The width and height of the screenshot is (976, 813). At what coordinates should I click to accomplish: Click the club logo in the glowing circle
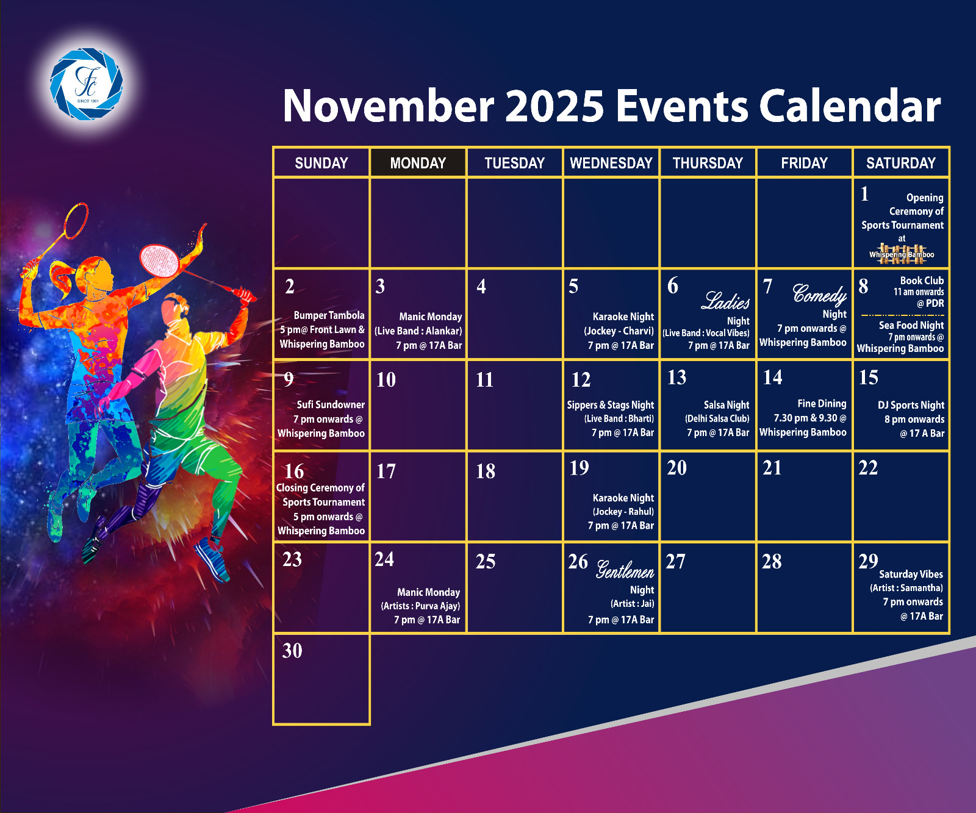click(x=86, y=84)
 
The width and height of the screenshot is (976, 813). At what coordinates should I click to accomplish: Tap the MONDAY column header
click(x=418, y=163)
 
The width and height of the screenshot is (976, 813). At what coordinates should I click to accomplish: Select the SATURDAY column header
click(x=901, y=163)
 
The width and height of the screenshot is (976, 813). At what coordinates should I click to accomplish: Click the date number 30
click(x=292, y=651)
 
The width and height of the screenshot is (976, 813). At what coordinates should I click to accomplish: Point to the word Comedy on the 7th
click(x=819, y=295)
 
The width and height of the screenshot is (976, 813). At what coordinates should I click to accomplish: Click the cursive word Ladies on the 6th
click(x=726, y=301)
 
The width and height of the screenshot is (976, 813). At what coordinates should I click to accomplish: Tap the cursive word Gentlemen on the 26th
click(x=625, y=570)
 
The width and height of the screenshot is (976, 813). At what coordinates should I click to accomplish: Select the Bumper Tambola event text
click(x=329, y=315)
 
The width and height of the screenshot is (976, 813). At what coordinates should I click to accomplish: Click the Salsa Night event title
click(x=726, y=405)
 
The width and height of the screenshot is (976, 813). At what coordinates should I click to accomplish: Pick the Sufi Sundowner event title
click(x=331, y=404)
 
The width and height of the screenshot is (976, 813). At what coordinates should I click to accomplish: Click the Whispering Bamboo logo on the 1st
click(x=902, y=254)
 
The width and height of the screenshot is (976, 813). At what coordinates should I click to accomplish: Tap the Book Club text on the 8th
click(x=922, y=281)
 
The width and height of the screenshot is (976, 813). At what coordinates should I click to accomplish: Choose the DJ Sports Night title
click(x=911, y=405)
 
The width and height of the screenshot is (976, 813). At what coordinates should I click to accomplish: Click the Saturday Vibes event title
click(x=911, y=574)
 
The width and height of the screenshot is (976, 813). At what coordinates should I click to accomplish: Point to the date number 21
click(x=772, y=468)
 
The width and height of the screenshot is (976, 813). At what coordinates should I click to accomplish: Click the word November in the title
click(x=389, y=106)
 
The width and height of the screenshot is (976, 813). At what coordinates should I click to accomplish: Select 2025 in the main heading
click(x=554, y=106)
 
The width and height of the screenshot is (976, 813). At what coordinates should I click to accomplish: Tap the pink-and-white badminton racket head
click(x=159, y=260)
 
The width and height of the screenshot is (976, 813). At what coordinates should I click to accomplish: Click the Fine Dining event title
click(x=822, y=404)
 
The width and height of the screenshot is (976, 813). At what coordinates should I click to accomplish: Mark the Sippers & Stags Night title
click(x=610, y=405)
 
